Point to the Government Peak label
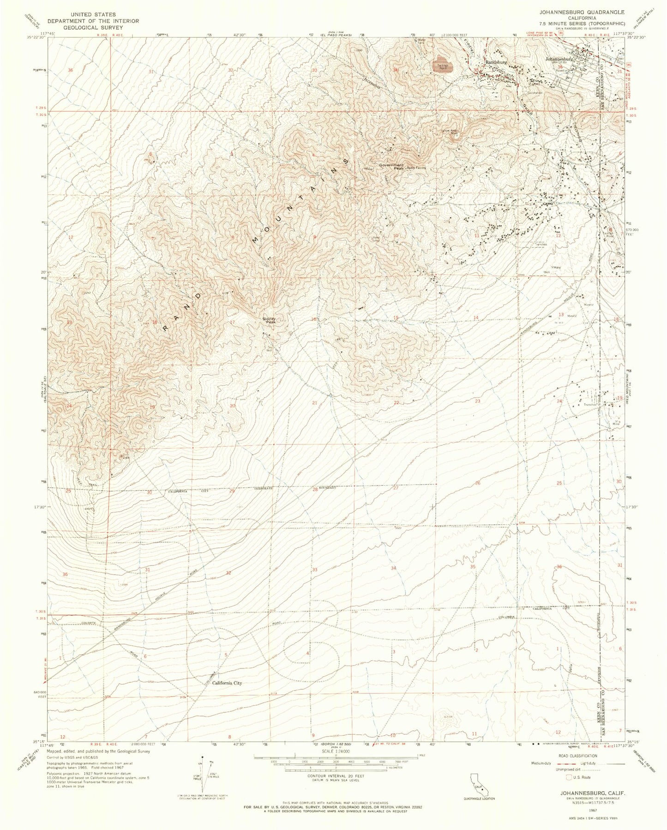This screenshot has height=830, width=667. (x=391, y=167)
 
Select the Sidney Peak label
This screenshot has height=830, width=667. (x=269, y=319)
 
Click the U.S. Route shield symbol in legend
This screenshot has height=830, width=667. (x=570, y=777)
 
